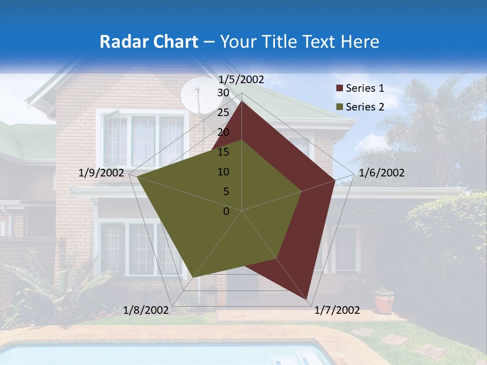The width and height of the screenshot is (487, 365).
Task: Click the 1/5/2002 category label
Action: [241, 80]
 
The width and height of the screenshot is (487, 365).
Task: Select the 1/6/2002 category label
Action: [381, 173]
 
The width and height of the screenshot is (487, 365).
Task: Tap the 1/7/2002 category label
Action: [337, 310]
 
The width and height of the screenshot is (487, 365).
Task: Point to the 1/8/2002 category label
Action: [146, 310]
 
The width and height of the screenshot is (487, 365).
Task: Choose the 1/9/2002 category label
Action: [101, 173]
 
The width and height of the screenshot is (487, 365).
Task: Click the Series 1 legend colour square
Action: [339, 89]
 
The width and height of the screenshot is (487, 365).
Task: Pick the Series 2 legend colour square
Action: [339, 107]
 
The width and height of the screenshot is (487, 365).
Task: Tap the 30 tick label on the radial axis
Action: [223, 93]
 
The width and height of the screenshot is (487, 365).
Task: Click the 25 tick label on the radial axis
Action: [223, 113]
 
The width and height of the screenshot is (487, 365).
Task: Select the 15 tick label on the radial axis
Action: [223, 152]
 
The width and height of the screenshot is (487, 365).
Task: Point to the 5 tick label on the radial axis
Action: [226, 192]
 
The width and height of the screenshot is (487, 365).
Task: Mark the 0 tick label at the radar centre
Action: [226, 211]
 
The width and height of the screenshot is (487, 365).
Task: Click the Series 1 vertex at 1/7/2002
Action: [306, 299]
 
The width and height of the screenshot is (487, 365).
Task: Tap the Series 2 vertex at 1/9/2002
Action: [137, 177]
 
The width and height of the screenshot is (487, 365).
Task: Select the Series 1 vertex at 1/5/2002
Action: [241, 101]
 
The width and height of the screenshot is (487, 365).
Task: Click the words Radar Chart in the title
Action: [148, 42]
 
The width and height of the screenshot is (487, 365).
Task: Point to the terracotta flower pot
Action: [385, 302]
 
